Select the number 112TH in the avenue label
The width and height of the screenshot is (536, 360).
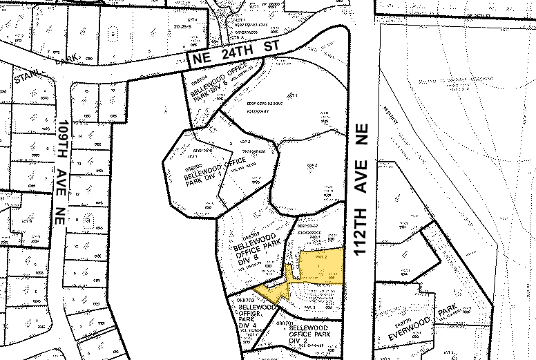tap(360, 234)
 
